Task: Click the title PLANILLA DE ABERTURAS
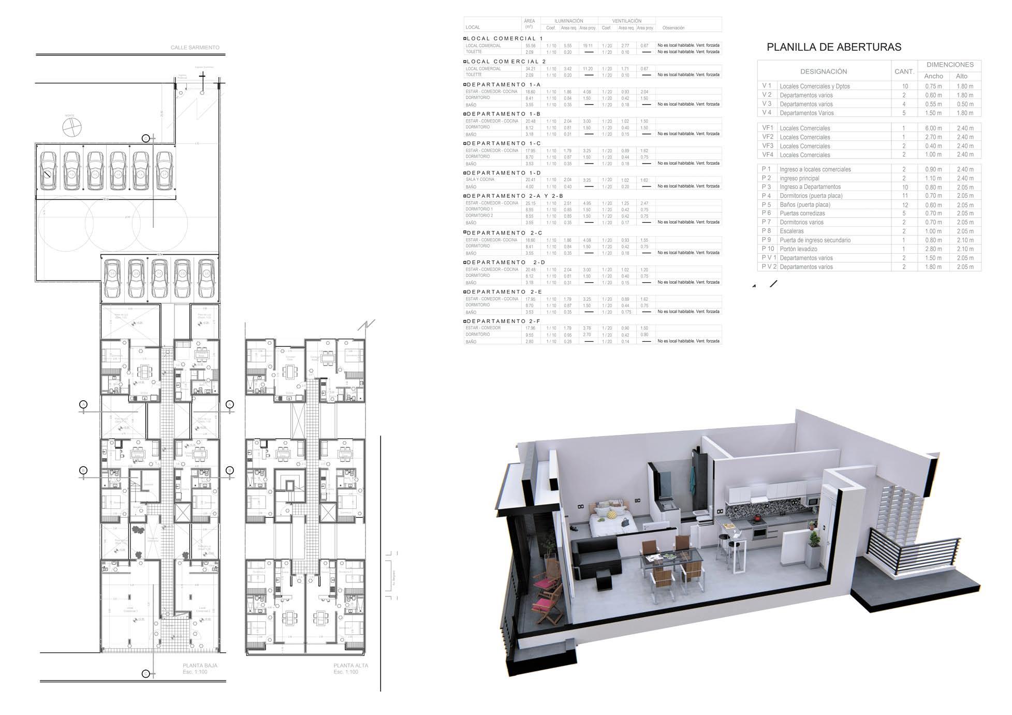pyautogui.click(x=833, y=47)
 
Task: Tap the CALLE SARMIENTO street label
pyautogui.click(x=195, y=48)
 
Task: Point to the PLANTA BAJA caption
pyautogui.click(x=200, y=665)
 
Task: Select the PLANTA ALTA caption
pyautogui.click(x=351, y=666)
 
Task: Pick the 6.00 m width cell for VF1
pyautogui.click(x=933, y=128)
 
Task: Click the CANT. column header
pyautogui.click(x=904, y=71)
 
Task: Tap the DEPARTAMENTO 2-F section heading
pyautogui.click(x=503, y=321)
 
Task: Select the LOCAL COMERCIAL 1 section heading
pyautogui.click(x=505, y=38)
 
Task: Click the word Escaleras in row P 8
pyautogui.click(x=791, y=231)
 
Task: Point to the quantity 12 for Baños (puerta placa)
pyautogui.click(x=904, y=205)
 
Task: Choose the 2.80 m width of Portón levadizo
pyautogui.click(x=933, y=249)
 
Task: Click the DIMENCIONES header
pyautogui.click(x=950, y=65)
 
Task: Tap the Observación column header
pyautogui.click(x=673, y=28)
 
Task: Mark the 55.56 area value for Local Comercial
pyautogui.click(x=530, y=46)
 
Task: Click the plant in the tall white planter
pyautogui.click(x=815, y=540)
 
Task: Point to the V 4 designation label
pyautogui.click(x=767, y=113)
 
